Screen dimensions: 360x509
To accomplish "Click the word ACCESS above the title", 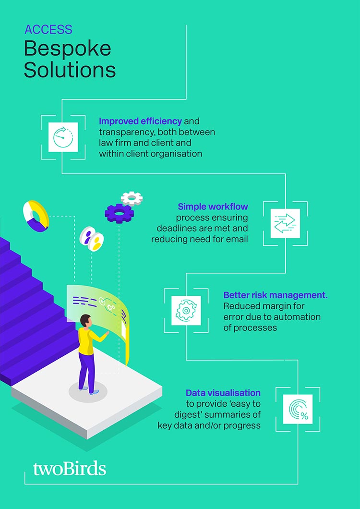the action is tap(48, 30).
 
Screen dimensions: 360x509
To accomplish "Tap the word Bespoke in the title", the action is tap(68, 49).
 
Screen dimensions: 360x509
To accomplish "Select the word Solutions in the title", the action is tap(70, 70).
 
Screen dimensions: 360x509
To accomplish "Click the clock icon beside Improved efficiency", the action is tap(63, 137).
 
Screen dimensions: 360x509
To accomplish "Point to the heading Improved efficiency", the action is tap(140, 121).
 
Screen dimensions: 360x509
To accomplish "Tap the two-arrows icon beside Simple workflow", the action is tap(285, 223).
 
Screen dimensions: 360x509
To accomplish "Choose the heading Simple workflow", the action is tap(213, 206).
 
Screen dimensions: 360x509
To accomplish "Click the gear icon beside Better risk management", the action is tap(186, 310).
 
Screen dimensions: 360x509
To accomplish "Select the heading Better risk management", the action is tap(276, 295).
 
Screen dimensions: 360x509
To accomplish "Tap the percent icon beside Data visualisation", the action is tap(298, 409).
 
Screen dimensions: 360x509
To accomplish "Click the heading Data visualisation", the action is tap(223, 393).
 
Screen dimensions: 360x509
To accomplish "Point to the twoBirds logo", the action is tap(70, 469).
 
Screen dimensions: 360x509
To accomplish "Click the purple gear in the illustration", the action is tap(119, 213).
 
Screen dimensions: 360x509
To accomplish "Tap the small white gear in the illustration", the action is tap(132, 198).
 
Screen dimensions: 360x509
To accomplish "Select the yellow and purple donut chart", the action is tap(36, 216).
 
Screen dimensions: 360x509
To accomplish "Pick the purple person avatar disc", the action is tap(86, 235).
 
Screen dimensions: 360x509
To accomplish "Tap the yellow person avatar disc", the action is tap(96, 242).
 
